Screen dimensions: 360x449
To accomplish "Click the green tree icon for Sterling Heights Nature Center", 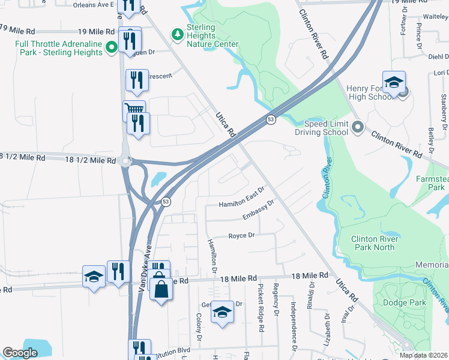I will (177, 34).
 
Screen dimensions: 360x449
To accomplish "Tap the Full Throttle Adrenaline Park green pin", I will (111, 47).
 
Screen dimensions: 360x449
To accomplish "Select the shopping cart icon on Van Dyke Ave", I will (134, 110).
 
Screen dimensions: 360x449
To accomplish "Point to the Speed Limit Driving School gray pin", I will (358, 127).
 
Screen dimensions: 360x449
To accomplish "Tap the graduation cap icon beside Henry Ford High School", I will (394, 83).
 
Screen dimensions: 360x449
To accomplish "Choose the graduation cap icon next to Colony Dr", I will (222, 312).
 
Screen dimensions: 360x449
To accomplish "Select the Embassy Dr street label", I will (258, 211).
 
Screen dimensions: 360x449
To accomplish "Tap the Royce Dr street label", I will (242, 236).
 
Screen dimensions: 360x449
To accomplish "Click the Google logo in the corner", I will (20, 353).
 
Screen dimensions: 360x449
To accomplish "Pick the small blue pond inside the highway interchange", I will (159, 179).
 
